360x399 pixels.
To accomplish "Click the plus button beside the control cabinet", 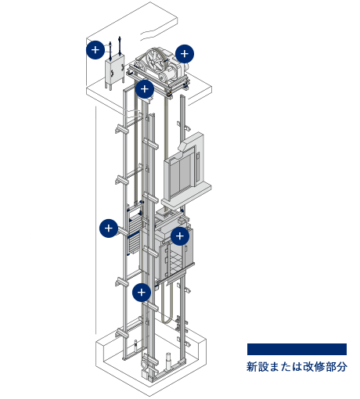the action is (95, 50).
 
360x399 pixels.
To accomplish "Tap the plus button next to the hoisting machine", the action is (185, 54).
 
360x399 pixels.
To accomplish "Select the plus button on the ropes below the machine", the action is (145, 89).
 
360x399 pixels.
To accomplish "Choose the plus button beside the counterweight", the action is (109, 228).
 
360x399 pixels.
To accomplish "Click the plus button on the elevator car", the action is (180, 236).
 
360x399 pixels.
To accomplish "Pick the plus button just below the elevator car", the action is (142, 293).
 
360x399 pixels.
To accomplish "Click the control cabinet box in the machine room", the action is (114, 71).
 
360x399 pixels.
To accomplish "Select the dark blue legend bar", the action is (297, 349).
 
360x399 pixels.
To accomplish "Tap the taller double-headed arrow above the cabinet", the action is (120, 46).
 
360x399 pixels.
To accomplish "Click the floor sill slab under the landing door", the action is (186, 195).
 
